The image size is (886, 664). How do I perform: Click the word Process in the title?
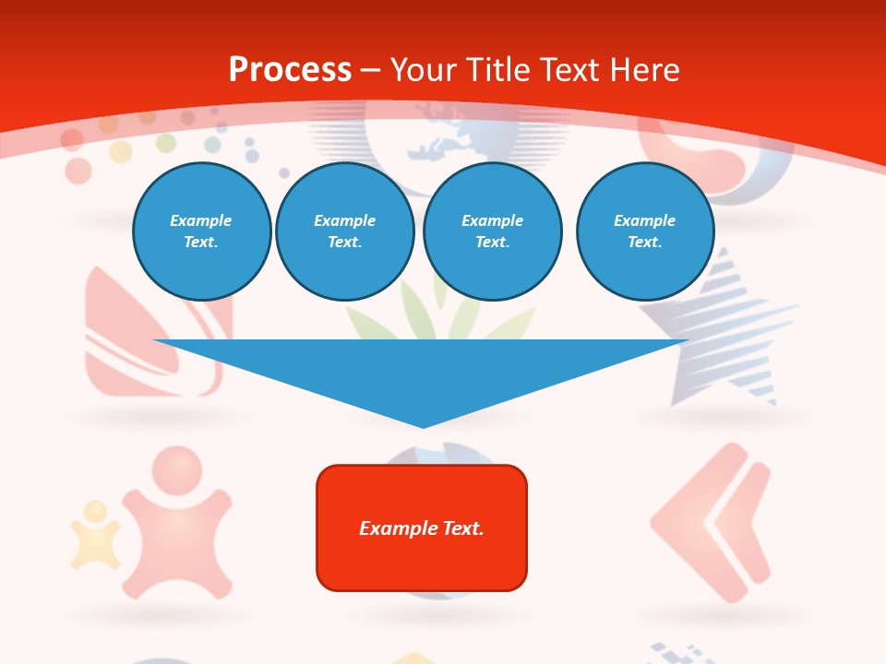(x=290, y=70)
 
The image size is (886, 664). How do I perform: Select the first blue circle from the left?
(x=201, y=231)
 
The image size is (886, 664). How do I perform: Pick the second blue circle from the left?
(x=344, y=231)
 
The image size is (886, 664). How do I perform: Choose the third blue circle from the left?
(x=492, y=231)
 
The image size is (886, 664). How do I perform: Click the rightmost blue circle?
(x=644, y=231)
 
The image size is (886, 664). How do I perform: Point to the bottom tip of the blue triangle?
(x=423, y=426)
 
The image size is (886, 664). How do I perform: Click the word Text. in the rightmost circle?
(x=644, y=243)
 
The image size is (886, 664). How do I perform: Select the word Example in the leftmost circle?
(x=201, y=220)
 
